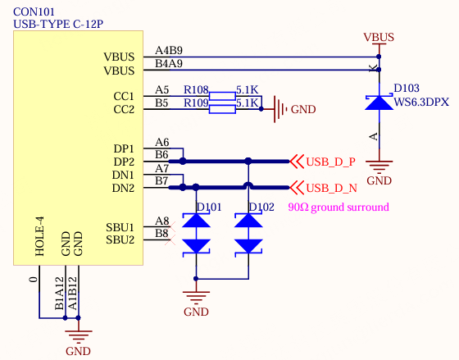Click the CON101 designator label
pyautogui.click(x=34, y=11)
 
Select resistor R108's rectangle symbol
pyautogui.click(x=222, y=96)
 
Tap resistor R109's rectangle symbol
pyautogui.click(x=222, y=109)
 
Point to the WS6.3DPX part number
pyautogui.click(x=421, y=102)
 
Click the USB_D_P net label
pyautogui.click(x=331, y=162)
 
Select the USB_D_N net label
pyautogui.click(x=331, y=188)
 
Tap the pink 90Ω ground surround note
pyautogui.click(x=339, y=207)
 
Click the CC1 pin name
pyautogui.click(x=124, y=96)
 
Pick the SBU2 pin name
pyautogui.click(x=120, y=239)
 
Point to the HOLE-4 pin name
pyautogui.click(x=39, y=236)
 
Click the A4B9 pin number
pyautogui.click(x=169, y=50)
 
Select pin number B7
pyautogui.click(x=161, y=180)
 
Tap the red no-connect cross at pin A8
pyautogui.click(x=170, y=226)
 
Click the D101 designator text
pyautogui.click(x=209, y=207)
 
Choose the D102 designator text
pyautogui.click(x=261, y=207)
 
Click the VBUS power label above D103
pyautogui.click(x=379, y=37)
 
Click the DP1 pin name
pyautogui.click(x=124, y=148)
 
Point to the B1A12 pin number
pyautogui.click(x=59, y=294)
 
